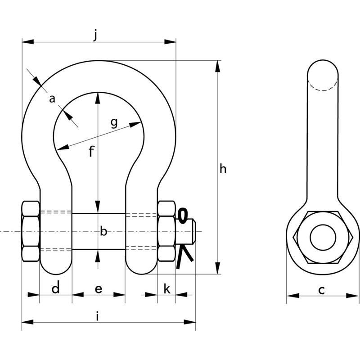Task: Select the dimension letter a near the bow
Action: point(52,99)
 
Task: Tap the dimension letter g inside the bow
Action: point(114,122)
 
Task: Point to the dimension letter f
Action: point(91,152)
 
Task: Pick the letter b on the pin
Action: point(103,232)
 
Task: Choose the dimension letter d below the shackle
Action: point(55,288)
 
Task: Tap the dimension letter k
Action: point(166,288)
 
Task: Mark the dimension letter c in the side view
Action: point(321,290)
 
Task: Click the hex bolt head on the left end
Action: point(31,232)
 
